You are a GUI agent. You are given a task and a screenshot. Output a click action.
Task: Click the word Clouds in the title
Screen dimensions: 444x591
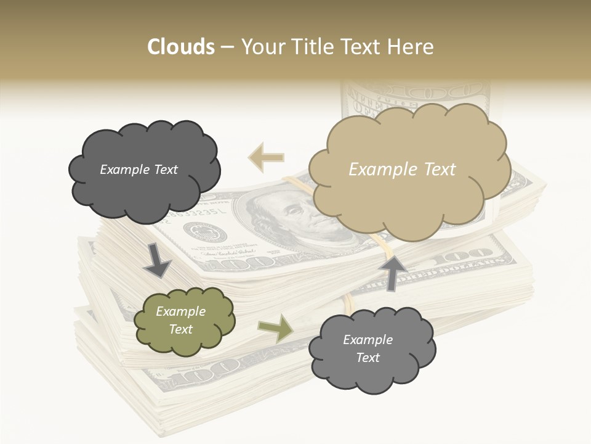tap(181, 47)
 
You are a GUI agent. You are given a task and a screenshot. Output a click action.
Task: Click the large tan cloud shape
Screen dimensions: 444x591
tap(409, 169)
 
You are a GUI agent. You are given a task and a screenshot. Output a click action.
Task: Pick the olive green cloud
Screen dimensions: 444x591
tap(184, 321)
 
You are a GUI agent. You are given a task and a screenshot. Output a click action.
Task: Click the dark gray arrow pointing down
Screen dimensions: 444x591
tap(158, 259)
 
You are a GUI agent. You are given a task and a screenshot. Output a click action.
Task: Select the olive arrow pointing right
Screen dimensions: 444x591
tap(276, 328)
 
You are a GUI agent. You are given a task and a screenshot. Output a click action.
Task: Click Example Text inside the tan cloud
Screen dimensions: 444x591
tap(402, 169)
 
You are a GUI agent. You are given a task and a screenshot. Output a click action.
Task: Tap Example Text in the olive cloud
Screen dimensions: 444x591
tap(180, 321)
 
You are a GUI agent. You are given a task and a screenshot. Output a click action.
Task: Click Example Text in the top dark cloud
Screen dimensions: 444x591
tap(139, 170)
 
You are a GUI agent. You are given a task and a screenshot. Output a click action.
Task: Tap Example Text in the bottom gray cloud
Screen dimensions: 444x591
tap(368, 348)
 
